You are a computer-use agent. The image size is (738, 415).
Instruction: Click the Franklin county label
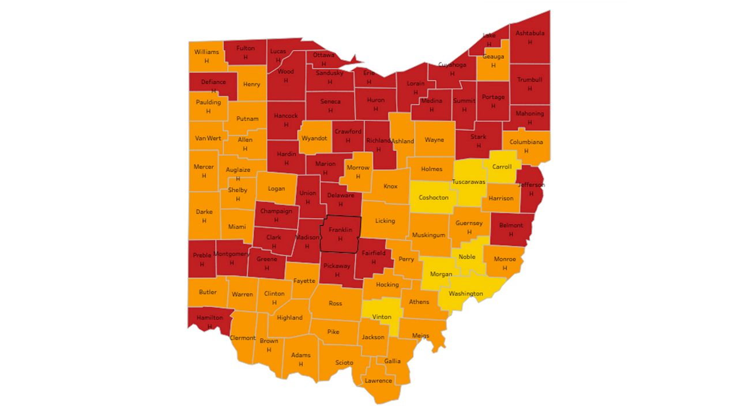[x=340, y=230]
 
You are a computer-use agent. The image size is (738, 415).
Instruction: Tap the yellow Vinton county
[x=382, y=317]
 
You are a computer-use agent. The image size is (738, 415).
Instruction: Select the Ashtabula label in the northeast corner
[x=529, y=33]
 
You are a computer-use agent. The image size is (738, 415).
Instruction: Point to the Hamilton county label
[x=209, y=318]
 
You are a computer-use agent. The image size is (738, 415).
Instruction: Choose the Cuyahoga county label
[x=452, y=65]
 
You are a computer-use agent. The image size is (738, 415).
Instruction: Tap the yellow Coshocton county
[x=433, y=198]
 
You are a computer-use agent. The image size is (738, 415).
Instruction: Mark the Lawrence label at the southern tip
[x=378, y=380]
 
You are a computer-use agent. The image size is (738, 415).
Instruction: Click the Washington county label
[x=465, y=294]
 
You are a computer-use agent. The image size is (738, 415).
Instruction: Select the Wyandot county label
[x=315, y=138]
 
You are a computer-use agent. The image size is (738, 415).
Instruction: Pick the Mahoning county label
[x=529, y=114]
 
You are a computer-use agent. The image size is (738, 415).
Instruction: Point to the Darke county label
[x=204, y=212]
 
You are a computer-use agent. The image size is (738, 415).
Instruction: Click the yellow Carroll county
[x=502, y=167]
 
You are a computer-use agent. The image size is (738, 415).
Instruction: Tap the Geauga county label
[x=493, y=56]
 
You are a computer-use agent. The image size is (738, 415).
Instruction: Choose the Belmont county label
[x=511, y=225]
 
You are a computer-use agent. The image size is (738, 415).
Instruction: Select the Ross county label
[x=335, y=303]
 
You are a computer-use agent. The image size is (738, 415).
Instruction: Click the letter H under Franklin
[x=340, y=239]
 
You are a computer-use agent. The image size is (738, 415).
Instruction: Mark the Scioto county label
[x=344, y=363]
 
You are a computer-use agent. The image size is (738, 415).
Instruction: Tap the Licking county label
[x=385, y=221]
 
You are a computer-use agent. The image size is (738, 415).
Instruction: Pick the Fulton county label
[x=245, y=48]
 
